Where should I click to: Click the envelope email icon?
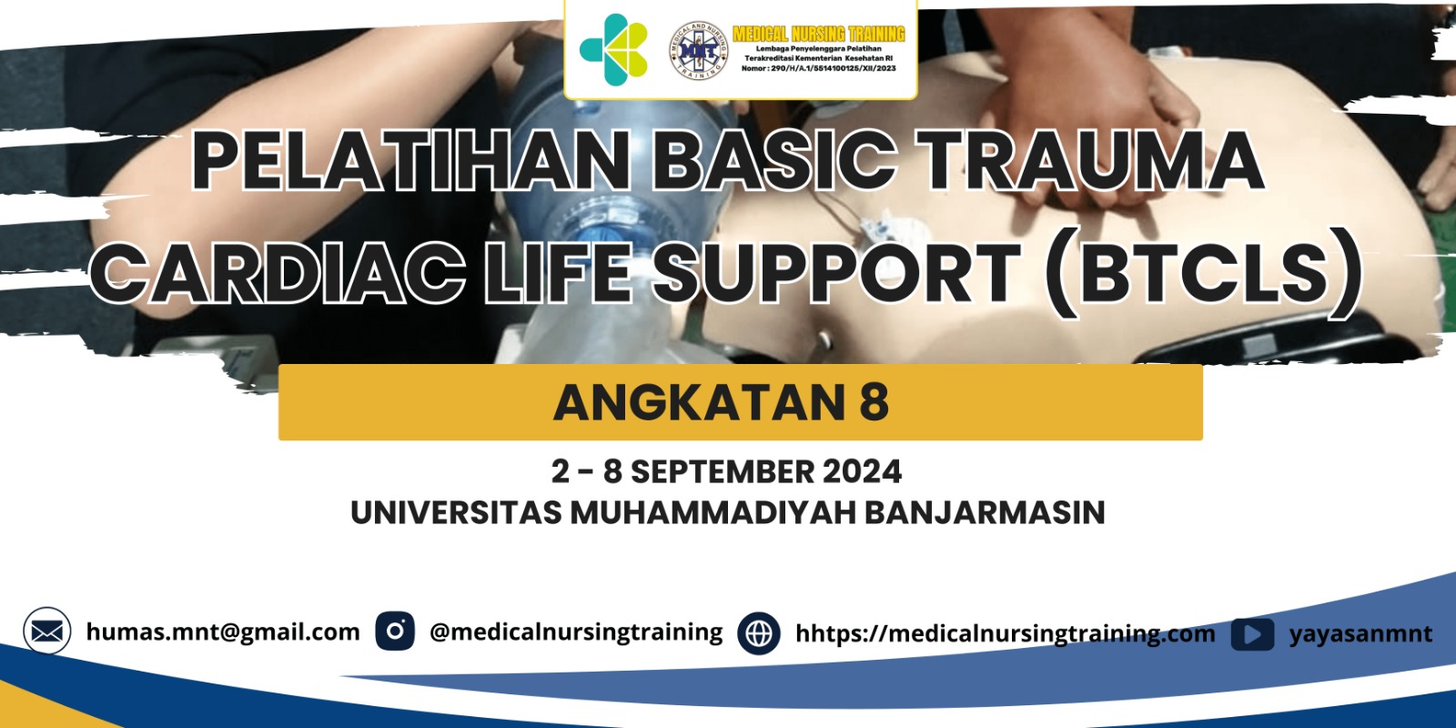(x=47, y=631)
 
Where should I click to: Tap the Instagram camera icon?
(x=395, y=631)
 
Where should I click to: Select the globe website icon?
(x=759, y=632)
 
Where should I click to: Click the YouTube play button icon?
(x=1252, y=634)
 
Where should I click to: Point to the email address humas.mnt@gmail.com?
(x=223, y=632)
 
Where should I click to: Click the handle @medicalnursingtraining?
(x=576, y=632)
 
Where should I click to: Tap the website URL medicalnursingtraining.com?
(x=1006, y=633)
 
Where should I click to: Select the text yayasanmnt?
(x=1360, y=634)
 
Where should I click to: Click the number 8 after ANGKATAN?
(x=874, y=402)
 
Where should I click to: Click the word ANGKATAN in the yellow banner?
(x=699, y=402)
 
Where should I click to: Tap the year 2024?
(x=862, y=471)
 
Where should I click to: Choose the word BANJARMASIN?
(x=984, y=512)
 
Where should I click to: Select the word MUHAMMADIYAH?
(x=713, y=512)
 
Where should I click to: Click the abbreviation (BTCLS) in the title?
(x=1203, y=272)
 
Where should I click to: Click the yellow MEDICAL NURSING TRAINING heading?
(x=818, y=34)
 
